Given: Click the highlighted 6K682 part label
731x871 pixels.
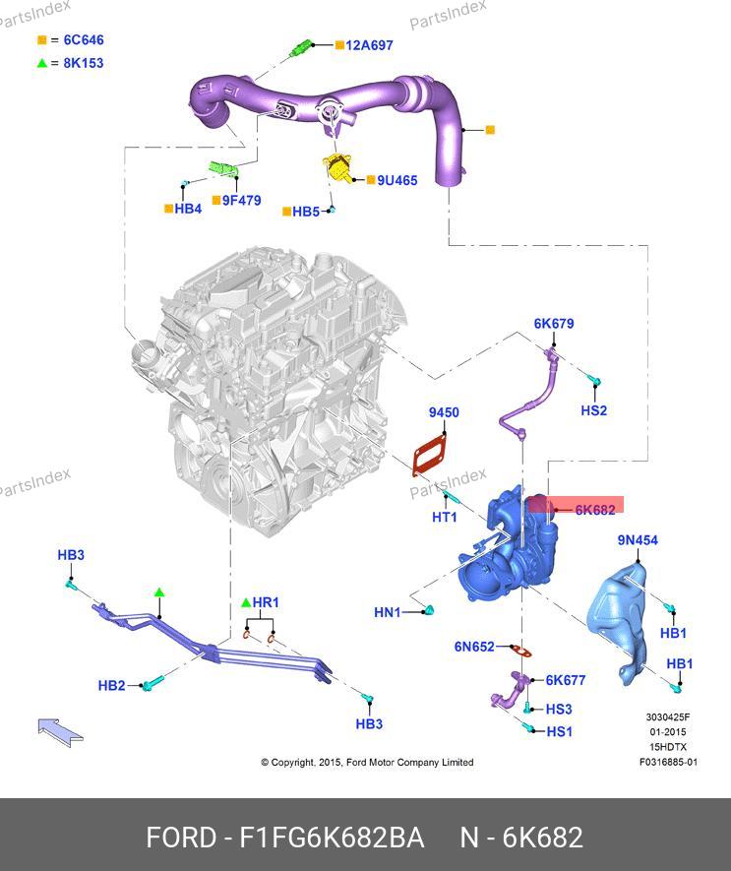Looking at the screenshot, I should pos(594,509).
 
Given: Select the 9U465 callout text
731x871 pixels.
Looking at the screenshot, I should pos(396,181).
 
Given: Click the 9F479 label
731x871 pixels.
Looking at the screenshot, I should pos(241,200).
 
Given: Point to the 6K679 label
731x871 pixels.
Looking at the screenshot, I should pos(554,324).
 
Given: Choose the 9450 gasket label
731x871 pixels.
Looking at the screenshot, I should pos(443,413).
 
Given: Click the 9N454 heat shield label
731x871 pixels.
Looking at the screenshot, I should pos(638,540).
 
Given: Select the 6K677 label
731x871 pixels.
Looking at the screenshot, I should pos(565,680).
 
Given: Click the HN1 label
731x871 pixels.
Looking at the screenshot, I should pos(388,612).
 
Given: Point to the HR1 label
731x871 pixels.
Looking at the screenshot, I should pos(266,602).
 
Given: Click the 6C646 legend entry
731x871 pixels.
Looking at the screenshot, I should pos(84,40).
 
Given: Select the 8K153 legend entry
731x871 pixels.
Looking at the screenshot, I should pos(84,63).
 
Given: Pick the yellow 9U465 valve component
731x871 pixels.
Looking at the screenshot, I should pos(340,169).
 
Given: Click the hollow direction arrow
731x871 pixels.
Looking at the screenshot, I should pos(60,730).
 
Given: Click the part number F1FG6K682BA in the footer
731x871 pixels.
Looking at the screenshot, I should pos(332,838).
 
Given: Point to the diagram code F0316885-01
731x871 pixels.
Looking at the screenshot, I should pos(668,762).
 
